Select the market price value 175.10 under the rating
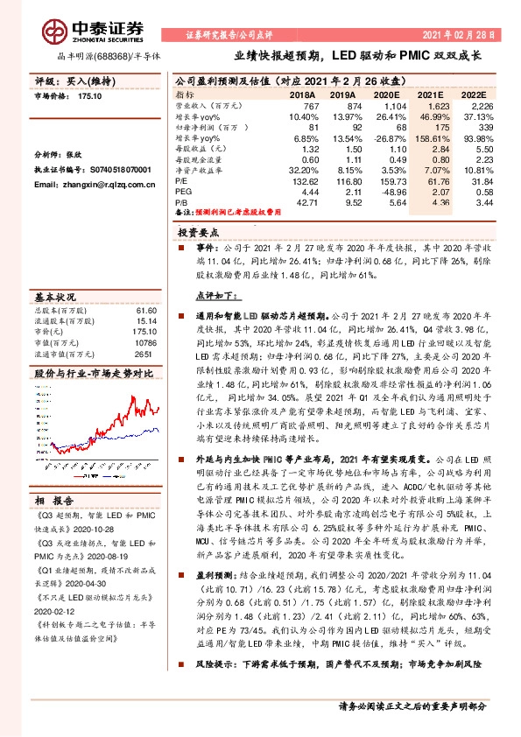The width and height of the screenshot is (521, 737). pos(90,99)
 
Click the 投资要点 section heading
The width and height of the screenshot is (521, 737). pos(198,234)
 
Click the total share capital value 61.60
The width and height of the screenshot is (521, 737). pos(144,310)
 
